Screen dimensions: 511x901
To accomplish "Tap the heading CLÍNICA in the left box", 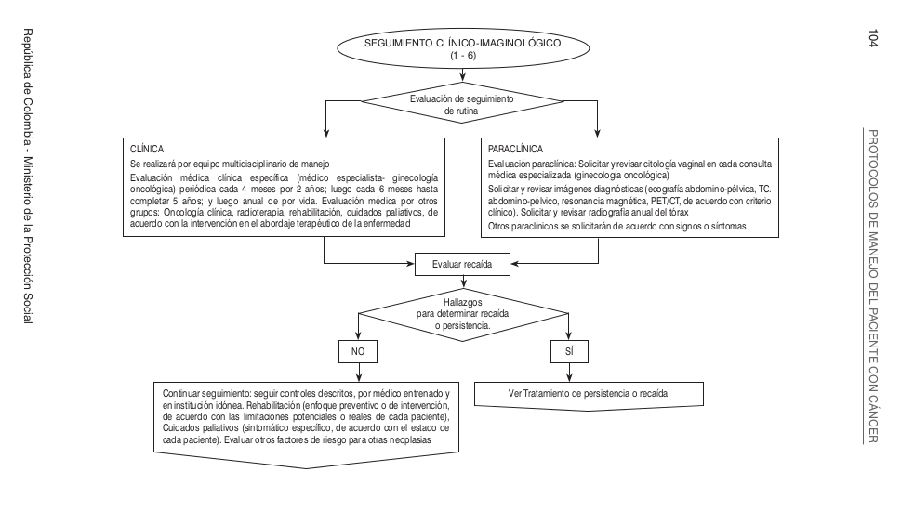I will (146, 149).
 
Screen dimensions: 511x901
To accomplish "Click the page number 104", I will (872, 39).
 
